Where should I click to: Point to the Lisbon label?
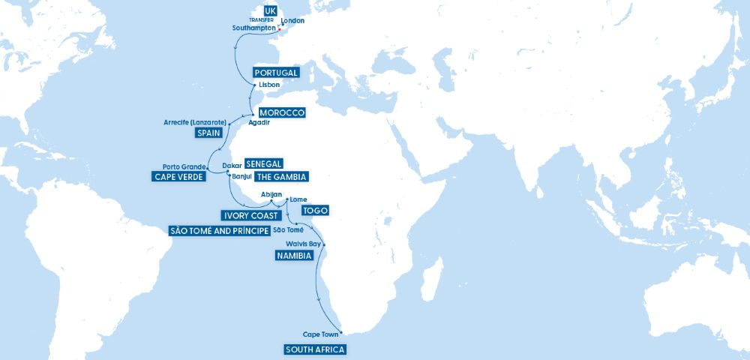[268, 85]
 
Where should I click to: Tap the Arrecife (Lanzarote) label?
[196, 121]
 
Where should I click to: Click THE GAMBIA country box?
[281, 177]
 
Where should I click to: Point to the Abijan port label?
[271, 194]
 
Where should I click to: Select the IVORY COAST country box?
[244, 215]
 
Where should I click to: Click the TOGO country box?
[314, 211]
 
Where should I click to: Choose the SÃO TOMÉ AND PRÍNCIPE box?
[219, 230]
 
